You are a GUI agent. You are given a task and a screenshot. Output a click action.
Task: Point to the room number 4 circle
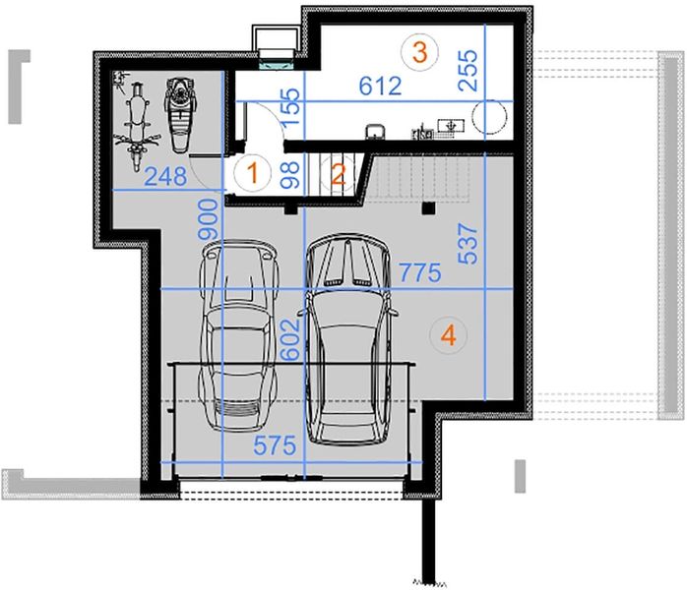448,335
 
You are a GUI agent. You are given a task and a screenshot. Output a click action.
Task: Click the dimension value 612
380,87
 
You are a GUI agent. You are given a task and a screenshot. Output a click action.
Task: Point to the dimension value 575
276,445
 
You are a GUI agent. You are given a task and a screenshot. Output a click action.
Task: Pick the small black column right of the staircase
428,207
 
